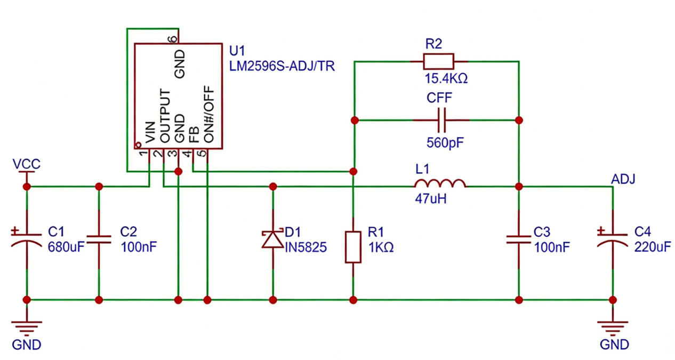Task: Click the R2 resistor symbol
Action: [x=438, y=61]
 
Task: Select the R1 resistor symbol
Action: [x=353, y=247]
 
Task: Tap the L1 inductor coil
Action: [x=440, y=184]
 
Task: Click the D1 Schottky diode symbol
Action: [x=273, y=239]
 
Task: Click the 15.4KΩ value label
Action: [x=446, y=79]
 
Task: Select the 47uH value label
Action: [x=430, y=199]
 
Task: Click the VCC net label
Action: [x=26, y=164]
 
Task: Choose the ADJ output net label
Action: [x=623, y=179]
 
